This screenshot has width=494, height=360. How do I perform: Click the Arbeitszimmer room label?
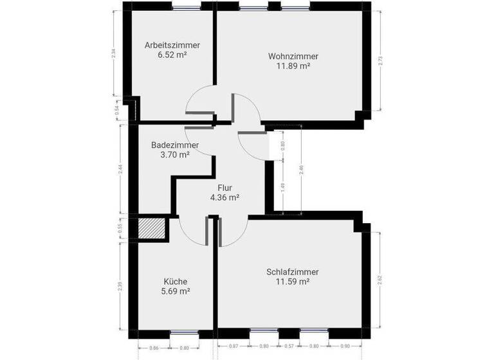click(172, 45)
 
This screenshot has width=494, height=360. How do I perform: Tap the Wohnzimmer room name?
click(293, 56)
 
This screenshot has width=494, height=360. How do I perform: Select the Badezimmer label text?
click(175, 145)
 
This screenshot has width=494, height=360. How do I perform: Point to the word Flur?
click(225, 188)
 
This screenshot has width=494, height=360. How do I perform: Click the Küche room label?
click(176, 281)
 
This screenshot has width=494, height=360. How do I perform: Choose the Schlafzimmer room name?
click(293, 272)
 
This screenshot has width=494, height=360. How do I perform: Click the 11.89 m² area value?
click(293, 66)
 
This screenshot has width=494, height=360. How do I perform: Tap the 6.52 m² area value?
click(172, 55)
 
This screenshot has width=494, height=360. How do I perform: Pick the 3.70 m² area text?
click(175, 155)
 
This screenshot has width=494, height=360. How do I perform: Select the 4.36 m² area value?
click(225, 198)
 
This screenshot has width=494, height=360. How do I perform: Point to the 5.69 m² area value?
click(176, 291)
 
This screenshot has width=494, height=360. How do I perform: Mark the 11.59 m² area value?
click(293, 282)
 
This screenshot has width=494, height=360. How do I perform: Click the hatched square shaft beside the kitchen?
click(152, 228)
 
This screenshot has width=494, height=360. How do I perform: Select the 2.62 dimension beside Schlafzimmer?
click(381, 280)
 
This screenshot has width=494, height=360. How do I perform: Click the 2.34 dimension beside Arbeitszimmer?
click(114, 55)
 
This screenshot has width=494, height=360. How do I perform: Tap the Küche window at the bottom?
click(185, 333)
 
